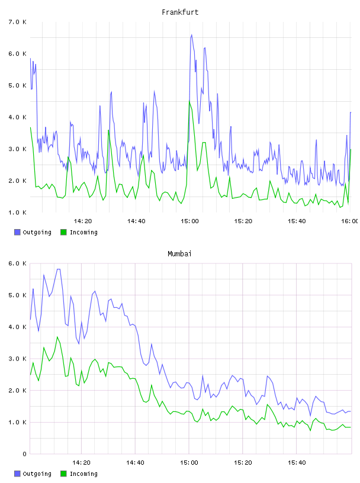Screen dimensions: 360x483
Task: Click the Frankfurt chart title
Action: pyautogui.click(x=180, y=12)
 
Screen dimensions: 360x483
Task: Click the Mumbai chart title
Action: pyautogui.click(x=179, y=254)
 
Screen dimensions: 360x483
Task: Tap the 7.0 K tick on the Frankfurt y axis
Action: pyautogui.click(x=17, y=22)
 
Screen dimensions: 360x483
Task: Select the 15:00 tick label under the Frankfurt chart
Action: pyautogui.click(x=189, y=221)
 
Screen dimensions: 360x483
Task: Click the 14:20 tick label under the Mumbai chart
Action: pyautogui.click(x=81, y=463)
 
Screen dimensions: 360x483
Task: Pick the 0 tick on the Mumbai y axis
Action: pyautogui.click(x=24, y=454)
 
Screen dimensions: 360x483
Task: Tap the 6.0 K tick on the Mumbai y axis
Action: pyautogui.click(x=17, y=263)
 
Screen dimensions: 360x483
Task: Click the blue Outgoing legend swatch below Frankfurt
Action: pyautogui.click(x=17, y=232)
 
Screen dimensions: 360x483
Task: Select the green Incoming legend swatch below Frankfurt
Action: pyautogui.click(x=63, y=232)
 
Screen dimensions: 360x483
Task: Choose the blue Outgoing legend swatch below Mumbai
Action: pyautogui.click(x=17, y=474)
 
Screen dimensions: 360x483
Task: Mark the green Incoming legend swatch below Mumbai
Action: pyautogui.click(x=63, y=474)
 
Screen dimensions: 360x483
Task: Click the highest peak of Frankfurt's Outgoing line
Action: pyautogui.click(x=191, y=35)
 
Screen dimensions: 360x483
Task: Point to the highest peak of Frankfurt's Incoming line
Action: pyautogui.click(x=189, y=101)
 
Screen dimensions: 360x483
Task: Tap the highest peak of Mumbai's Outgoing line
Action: pyautogui.click(x=58, y=269)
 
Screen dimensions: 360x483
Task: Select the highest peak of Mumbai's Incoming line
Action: pyautogui.click(x=57, y=337)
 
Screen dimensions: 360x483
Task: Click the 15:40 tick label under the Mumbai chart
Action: pyautogui.click(x=297, y=463)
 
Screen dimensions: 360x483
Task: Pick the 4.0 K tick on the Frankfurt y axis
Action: pyautogui.click(x=17, y=117)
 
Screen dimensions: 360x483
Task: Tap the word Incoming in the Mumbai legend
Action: pyautogui.click(x=83, y=474)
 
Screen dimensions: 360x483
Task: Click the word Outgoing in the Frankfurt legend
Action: pyautogui.click(x=37, y=233)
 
